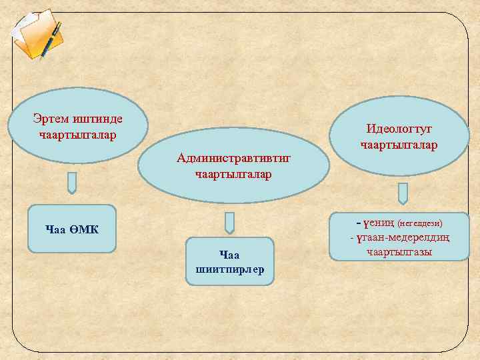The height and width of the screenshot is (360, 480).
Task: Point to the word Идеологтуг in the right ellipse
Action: coord(399,129)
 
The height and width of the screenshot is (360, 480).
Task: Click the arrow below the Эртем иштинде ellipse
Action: coord(72,183)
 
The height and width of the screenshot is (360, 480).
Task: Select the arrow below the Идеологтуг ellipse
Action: coord(403,193)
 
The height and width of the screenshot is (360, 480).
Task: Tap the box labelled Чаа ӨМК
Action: coord(72,229)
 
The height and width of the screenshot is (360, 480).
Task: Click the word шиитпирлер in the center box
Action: coord(230,269)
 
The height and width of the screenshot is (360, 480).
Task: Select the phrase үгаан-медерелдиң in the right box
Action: coord(402,237)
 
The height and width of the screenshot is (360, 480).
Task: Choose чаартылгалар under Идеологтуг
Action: coord(399,144)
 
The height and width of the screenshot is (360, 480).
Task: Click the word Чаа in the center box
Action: coord(229,254)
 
